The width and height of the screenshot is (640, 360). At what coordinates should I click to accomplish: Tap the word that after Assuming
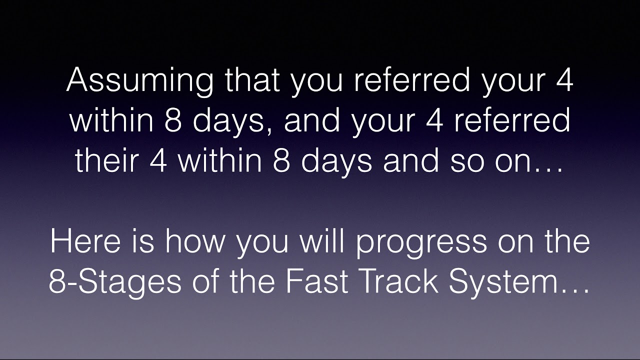(x=253, y=81)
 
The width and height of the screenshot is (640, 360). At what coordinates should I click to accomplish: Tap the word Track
(x=396, y=282)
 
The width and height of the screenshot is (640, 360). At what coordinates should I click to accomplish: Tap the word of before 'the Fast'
(x=203, y=282)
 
